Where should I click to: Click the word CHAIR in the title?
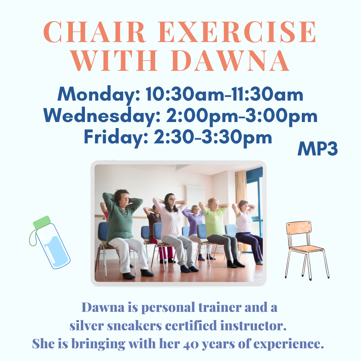click(x=94, y=32)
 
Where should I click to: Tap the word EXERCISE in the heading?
click(x=237, y=32)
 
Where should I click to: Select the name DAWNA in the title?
click(x=230, y=60)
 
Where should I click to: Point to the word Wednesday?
click(x=102, y=116)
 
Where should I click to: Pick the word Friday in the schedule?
click(x=116, y=137)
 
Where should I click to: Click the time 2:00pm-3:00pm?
click(x=242, y=116)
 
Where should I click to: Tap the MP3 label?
click(x=318, y=148)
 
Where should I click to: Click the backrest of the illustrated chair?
click(x=299, y=228)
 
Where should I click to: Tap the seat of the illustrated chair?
click(x=307, y=249)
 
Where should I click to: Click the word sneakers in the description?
click(x=134, y=326)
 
